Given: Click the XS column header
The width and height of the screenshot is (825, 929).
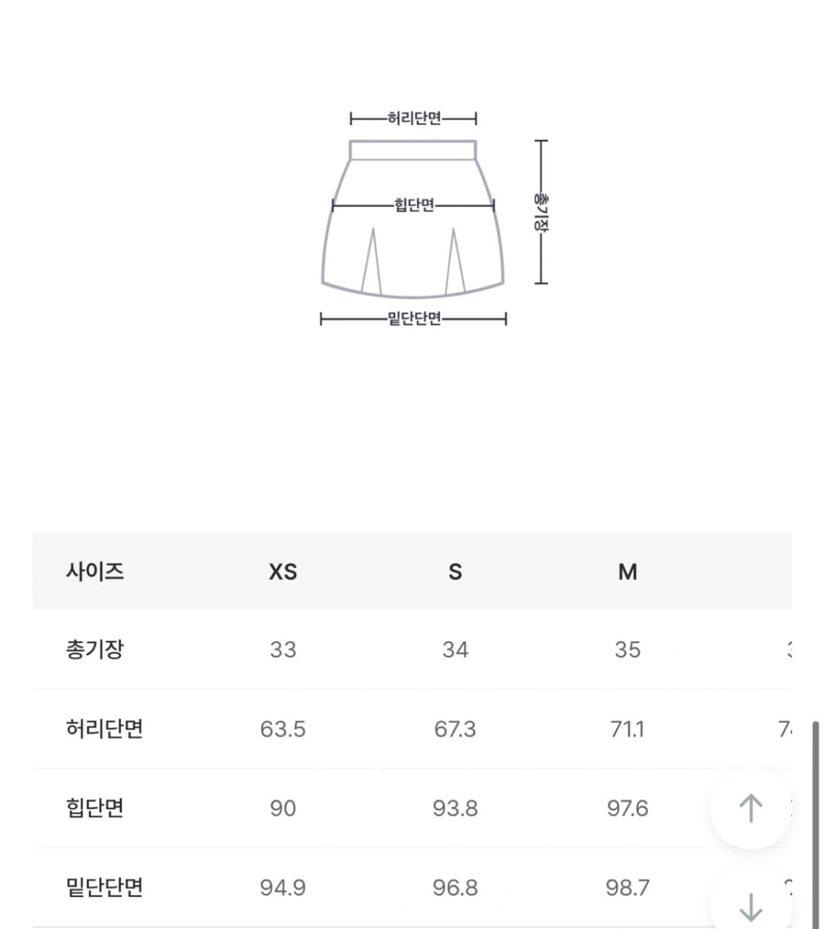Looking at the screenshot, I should tap(282, 572).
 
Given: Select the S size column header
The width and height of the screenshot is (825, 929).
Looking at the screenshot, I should tap(455, 572).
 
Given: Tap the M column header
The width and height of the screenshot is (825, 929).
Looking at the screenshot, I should tap(627, 572).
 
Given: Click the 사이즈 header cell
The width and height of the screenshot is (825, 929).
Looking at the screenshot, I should tap(95, 571).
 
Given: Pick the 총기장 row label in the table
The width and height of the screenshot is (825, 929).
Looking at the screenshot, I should tap(95, 650).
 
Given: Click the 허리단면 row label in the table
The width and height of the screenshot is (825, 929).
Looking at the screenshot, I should tap(104, 729).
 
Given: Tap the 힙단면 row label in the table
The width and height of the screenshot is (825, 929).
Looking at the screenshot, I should tap(95, 808).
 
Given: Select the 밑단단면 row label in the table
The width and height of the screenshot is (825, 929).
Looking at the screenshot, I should tap(104, 887).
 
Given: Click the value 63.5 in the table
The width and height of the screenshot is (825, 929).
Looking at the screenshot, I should tap(282, 730).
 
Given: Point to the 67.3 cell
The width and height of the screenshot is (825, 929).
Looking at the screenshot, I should tap(455, 730).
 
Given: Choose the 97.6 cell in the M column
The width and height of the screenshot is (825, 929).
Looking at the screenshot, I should tap(627, 809).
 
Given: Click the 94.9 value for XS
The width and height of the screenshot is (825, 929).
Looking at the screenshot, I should tap(282, 888).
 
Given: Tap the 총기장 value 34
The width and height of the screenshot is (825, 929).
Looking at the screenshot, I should tap(455, 650).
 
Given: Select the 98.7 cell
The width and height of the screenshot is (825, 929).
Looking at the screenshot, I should tap(627, 888).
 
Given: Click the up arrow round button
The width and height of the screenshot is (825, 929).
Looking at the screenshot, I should tap(750, 808).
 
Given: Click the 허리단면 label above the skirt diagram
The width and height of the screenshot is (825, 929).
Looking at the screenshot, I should tap(414, 118).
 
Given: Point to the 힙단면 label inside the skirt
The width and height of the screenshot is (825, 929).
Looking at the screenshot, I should tap(414, 205).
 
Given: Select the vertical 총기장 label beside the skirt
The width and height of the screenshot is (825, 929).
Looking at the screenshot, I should tap(540, 212).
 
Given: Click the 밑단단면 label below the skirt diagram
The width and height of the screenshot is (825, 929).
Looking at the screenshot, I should tap(414, 319).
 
